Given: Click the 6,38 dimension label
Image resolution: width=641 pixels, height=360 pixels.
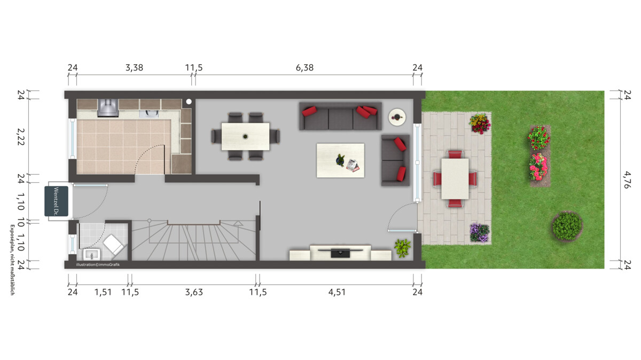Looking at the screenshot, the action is [304, 68].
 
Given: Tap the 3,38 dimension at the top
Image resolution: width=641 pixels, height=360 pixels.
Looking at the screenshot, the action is [134, 68].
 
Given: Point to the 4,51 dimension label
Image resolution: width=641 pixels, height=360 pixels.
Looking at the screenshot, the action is [337, 292].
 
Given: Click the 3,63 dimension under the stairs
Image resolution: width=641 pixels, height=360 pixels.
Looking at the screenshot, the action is [194, 292].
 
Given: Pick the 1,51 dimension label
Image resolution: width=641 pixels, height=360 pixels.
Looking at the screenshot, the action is [103, 292].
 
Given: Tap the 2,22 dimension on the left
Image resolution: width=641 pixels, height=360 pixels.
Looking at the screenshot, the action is [21, 137].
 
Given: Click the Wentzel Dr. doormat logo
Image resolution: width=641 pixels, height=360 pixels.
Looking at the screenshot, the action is [57, 201].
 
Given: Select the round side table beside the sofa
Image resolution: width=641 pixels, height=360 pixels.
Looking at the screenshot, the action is [397, 117].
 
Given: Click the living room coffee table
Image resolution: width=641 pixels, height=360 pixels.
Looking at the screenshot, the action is [340, 161].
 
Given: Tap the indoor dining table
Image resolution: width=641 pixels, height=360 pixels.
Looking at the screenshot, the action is [246, 137].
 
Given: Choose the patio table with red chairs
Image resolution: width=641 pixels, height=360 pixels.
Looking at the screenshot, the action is [455, 179].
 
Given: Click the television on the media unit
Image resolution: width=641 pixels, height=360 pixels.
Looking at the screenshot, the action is [340, 253].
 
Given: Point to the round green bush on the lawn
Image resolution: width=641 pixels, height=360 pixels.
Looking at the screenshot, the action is [567, 226].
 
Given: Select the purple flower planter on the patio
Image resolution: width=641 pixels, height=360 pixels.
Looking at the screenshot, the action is [479, 233].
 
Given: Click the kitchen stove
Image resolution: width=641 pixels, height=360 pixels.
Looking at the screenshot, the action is [108, 108].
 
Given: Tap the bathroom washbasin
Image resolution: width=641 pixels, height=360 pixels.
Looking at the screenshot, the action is [91, 254].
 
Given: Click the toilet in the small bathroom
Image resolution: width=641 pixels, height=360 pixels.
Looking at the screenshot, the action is [114, 245].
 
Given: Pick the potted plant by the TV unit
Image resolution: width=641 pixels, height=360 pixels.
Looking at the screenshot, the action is [402, 248].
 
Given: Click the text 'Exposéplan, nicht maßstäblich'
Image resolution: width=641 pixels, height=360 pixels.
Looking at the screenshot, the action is [12, 260].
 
